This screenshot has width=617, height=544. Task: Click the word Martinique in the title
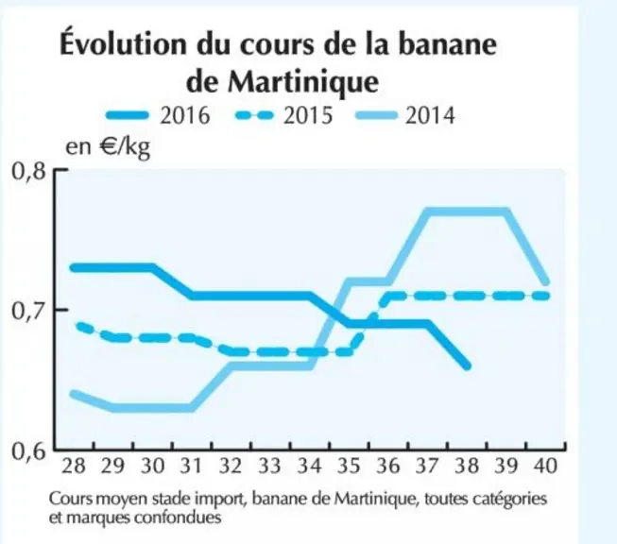[x=303, y=82]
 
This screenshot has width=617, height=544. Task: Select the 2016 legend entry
[x=158, y=115]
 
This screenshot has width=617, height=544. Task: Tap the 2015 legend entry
[x=284, y=115]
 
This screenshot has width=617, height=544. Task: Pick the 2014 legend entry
[x=405, y=115]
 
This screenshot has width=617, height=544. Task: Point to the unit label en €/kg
[x=108, y=146]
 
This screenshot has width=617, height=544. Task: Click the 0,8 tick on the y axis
[x=28, y=171]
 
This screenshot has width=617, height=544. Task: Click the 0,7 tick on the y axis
[x=28, y=311]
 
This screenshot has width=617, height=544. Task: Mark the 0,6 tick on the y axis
[x=28, y=450]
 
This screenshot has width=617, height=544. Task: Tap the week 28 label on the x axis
[x=74, y=466]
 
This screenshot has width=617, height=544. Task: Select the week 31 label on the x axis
[x=191, y=466]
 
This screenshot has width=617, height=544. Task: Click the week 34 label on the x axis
[x=309, y=466]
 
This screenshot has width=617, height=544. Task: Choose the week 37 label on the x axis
[x=427, y=466]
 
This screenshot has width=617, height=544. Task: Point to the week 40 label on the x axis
[x=545, y=466]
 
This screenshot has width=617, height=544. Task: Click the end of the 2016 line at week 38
[x=467, y=366]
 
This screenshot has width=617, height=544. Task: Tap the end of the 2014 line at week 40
[x=546, y=282]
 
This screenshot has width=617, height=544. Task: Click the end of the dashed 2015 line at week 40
[x=545, y=296]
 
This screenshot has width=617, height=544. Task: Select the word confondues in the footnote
[x=178, y=517]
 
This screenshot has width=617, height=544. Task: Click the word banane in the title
[x=448, y=43]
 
